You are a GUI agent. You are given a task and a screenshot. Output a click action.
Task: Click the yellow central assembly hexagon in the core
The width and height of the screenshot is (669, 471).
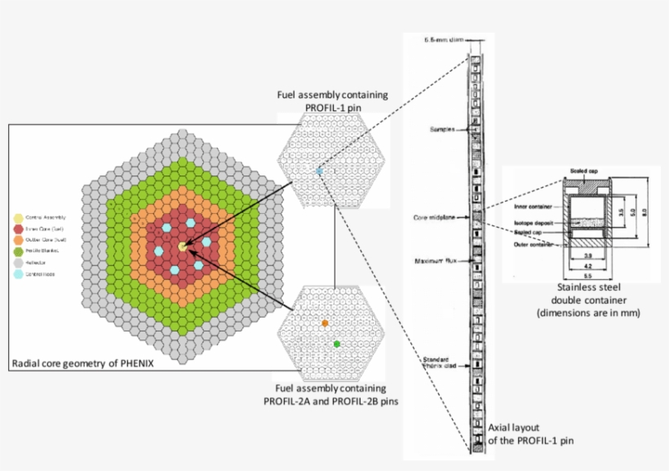coord(183,246)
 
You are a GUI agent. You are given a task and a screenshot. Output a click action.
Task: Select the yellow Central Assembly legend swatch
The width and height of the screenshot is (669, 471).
coord(19,218)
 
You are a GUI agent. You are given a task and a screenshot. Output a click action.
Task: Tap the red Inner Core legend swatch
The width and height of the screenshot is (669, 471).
coord(19,230)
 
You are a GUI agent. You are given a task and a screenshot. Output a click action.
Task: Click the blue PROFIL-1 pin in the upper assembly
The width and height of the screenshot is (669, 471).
coord(319,170)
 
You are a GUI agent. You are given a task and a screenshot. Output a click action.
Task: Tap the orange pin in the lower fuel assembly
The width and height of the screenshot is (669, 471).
coord(325,323)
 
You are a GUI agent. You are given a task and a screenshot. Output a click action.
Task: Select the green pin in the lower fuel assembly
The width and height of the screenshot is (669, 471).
coord(336,344)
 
